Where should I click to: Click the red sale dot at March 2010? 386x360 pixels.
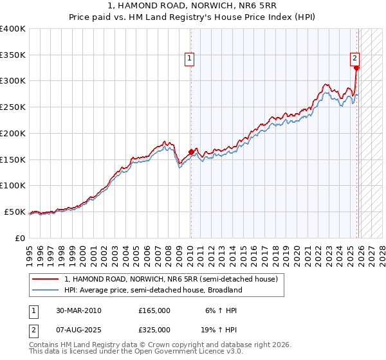(191, 152)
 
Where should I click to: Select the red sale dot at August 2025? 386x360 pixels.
(357, 67)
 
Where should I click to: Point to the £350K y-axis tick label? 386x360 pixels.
(13, 55)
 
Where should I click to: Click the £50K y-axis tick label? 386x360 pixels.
(15, 212)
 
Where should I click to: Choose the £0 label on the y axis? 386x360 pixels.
(21, 238)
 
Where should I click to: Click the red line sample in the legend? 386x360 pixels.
(46, 280)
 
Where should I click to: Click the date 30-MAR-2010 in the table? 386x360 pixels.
(78, 310)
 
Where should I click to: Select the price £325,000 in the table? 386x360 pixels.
(154, 330)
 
